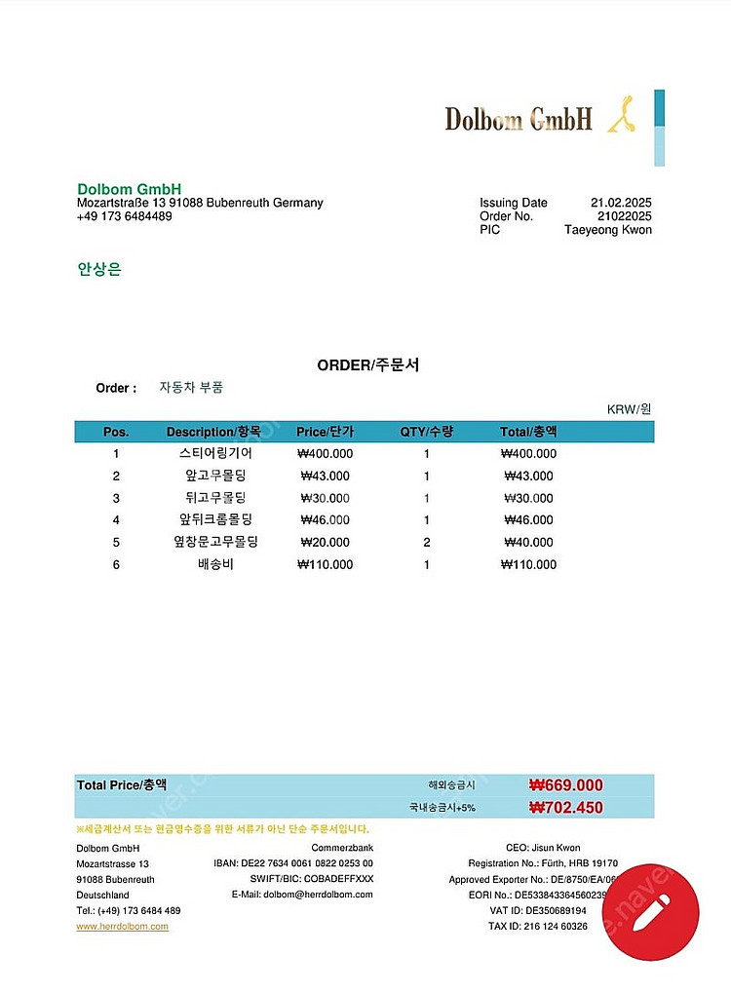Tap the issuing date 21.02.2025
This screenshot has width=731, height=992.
pos(621,203)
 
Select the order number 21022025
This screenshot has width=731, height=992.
pos(624,216)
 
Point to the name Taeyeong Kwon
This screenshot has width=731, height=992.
pos(608,230)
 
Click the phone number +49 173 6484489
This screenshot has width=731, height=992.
pos(124,216)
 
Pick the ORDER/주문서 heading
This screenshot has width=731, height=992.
pos(368,365)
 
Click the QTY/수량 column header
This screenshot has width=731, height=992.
pos(426,432)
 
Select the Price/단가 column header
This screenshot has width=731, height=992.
pos(325,432)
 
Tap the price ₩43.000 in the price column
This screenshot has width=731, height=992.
pos(325,476)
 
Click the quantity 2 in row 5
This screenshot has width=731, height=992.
pos(426,542)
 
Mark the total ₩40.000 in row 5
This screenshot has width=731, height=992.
pos(528,542)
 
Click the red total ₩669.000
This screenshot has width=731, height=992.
pos(565,785)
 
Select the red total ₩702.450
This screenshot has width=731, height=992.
pos(565,807)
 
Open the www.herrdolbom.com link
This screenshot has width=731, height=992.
pos(122,926)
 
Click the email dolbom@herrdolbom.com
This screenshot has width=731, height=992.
pos(302,895)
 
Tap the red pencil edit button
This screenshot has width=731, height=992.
pos(650,913)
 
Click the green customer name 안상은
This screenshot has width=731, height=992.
pos(99,269)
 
